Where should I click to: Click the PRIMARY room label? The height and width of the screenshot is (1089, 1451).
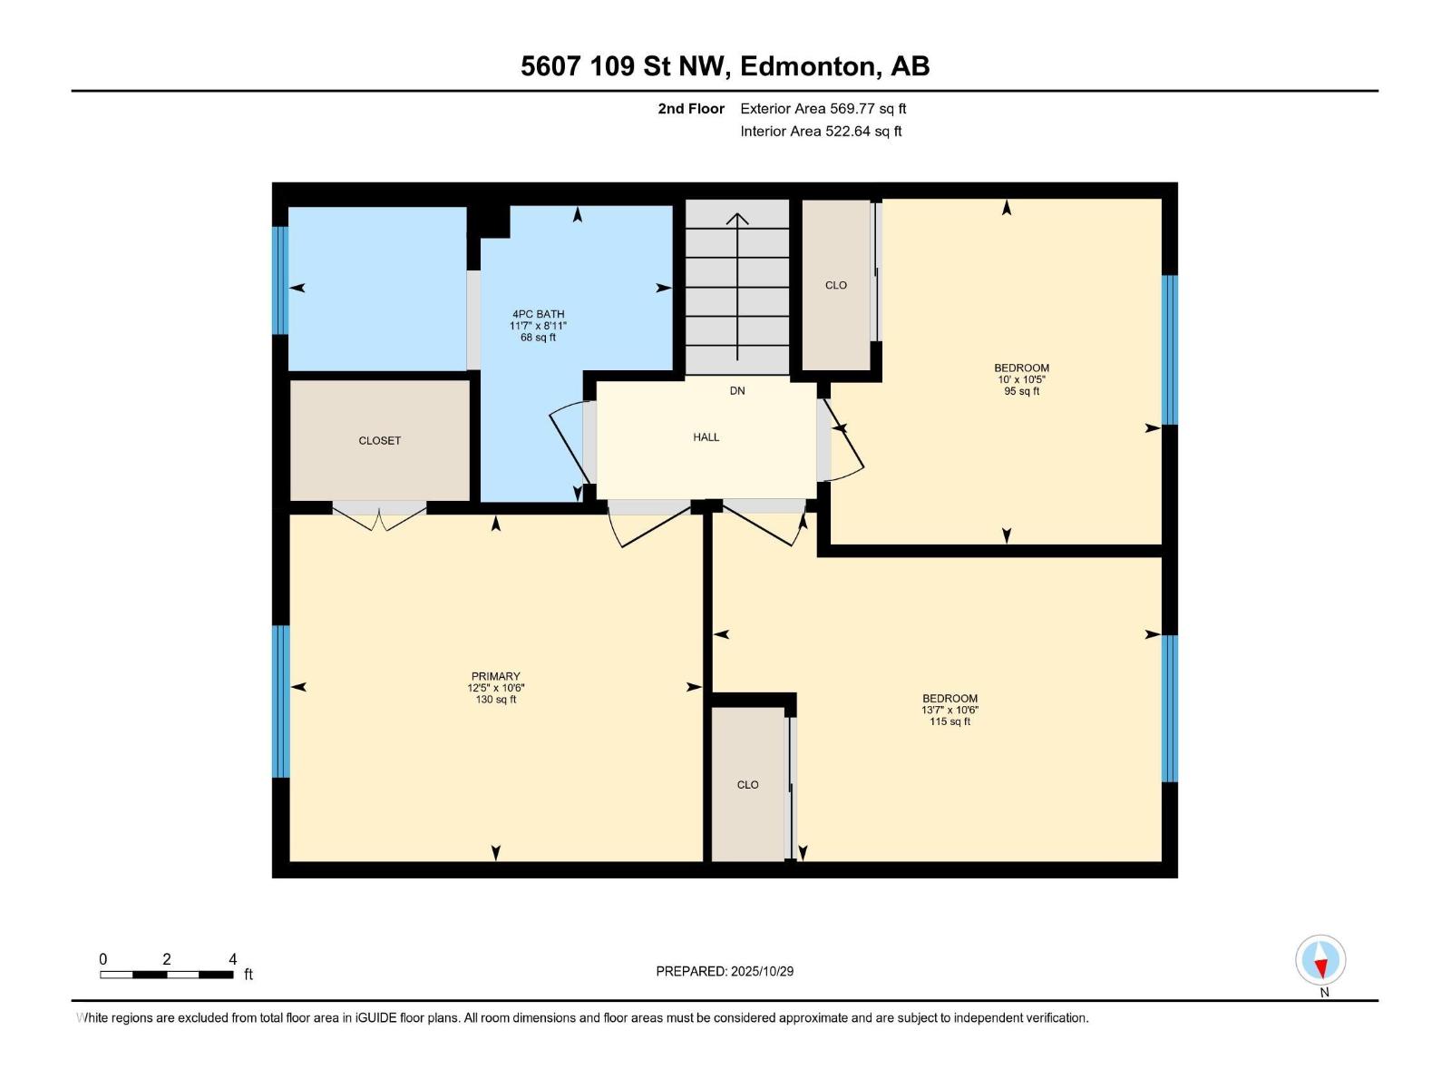coord(495,676)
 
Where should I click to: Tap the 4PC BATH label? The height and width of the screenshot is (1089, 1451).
coord(538,314)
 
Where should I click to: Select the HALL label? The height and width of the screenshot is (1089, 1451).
coord(706,437)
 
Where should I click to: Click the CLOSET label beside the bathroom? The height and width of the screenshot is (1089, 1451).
coord(379,441)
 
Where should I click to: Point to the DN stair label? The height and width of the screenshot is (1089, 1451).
coord(737,391)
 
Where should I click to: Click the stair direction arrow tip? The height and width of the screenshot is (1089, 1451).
coord(737,215)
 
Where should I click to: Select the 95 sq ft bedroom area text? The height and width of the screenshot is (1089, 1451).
coord(1021,392)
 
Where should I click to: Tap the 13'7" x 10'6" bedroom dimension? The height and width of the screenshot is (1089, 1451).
coord(949,711)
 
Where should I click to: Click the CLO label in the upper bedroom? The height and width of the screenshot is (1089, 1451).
coord(835,285)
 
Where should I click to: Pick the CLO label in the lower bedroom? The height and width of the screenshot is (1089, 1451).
coord(747,785)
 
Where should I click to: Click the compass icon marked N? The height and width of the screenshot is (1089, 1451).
coord(1320,960)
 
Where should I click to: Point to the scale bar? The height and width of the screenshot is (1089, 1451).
coord(167,975)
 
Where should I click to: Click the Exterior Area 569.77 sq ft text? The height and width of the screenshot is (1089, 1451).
coord(823,109)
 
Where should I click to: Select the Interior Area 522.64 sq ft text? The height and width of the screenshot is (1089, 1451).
coord(821,132)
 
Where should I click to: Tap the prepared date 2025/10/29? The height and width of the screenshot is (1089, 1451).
coord(762,971)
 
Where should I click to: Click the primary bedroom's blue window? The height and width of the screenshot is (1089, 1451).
coord(281,701)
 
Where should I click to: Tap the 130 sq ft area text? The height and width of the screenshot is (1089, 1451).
coord(495,700)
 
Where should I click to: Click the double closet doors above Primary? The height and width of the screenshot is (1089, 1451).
coord(379,514)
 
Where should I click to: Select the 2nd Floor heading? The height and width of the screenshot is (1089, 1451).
coord(691,109)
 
